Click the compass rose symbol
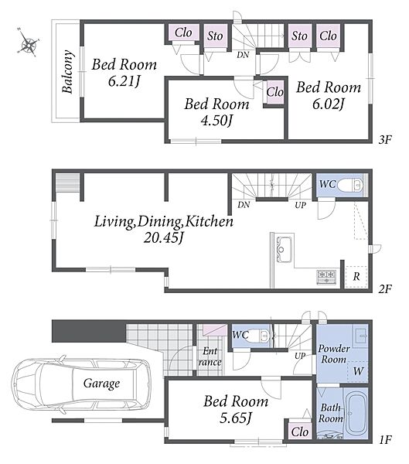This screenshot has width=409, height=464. [29, 42]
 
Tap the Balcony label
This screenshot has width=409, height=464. [67, 71]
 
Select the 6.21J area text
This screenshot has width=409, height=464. [124, 81]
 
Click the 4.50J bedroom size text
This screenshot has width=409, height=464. [216, 121]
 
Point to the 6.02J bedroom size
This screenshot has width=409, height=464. [329, 104]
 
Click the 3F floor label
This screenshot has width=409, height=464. [385, 139]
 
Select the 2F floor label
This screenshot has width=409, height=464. [385, 288]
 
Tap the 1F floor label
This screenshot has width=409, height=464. [385, 440]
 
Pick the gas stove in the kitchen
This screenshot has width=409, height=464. [327, 278]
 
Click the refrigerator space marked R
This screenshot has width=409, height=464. [356, 277]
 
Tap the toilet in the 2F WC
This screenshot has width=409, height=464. [350, 186]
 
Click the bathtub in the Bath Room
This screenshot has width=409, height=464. [356, 414]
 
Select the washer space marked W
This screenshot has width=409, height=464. [357, 371]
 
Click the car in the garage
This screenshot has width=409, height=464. [82, 384]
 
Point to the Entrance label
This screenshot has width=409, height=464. [210, 357]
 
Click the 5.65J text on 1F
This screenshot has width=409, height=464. [236, 418]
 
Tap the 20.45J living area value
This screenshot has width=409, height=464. [163, 237]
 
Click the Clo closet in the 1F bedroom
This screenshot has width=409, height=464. [299, 432]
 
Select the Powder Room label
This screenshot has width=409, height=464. [334, 354]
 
